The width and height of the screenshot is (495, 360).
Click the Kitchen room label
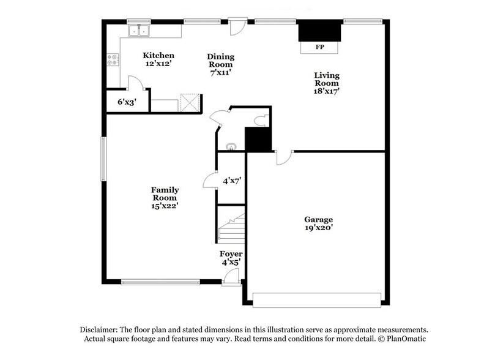pyautogui.click(x=158, y=55)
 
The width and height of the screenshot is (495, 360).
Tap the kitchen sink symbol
pyautogui.click(x=140, y=30)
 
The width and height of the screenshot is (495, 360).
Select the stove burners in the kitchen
pyautogui.click(x=113, y=59)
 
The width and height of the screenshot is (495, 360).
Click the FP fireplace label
pyautogui.click(x=319, y=47)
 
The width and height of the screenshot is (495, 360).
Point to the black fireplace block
pyautogui.click(x=319, y=31)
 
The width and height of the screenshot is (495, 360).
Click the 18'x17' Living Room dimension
pyautogui.click(x=327, y=91)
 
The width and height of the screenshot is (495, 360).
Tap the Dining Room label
pyautogui.click(x=221, y=61)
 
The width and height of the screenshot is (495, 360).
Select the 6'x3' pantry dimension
pyautogui.click(x=127, y=102)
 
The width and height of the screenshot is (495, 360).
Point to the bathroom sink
pyautogui.click(x=231, y=146)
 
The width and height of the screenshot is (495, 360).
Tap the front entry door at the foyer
pyautogui.click(x=231, y=279)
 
